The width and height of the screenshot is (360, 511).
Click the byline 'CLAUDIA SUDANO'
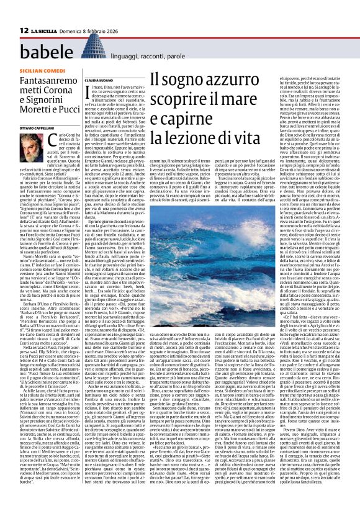click(98, 79)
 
